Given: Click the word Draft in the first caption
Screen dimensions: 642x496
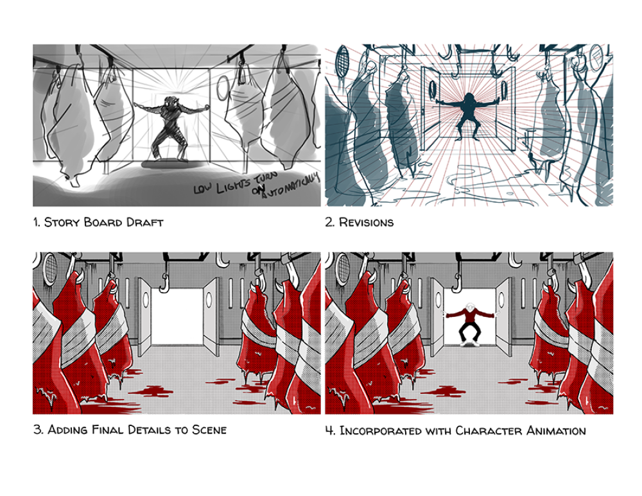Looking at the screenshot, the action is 144,222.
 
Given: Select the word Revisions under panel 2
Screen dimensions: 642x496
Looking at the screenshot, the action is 366,222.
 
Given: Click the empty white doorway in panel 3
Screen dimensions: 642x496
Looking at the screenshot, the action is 177,316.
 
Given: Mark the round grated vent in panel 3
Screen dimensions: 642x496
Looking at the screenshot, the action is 50,268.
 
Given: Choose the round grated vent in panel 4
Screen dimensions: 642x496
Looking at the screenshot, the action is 343,268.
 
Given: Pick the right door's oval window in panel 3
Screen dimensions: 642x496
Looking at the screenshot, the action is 209,299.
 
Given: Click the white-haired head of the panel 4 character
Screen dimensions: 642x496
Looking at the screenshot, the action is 470,307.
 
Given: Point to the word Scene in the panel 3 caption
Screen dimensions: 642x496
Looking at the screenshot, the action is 209,430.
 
